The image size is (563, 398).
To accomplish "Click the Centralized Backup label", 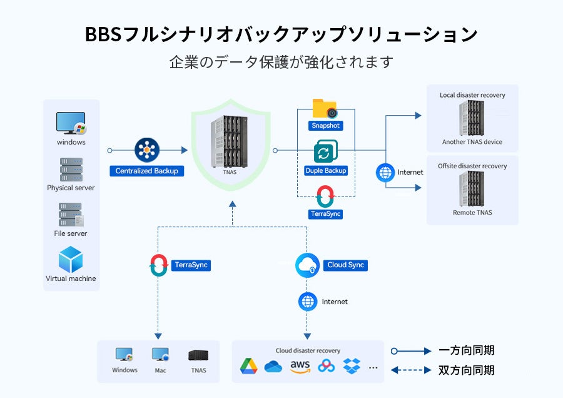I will click(x=147, y=171).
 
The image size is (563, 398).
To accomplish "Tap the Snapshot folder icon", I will click(x=325, y=109).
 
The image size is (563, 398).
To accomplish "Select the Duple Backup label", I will click(x=325, y=170).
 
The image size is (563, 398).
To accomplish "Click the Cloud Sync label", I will click(x=345, y=265).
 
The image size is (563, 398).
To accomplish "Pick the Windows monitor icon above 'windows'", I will click(x=71, y=123).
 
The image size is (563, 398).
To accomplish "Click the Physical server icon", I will click(x=71, y=170).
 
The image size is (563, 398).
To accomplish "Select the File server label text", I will click(x=71, y=233).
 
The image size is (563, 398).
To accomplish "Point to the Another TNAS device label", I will click(x=472, y=142).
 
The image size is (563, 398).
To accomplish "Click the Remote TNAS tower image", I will click(x=472, y=189).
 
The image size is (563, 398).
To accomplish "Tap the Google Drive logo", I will click(x=249, y=367).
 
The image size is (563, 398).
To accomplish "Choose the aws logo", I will click(x=300, y=366).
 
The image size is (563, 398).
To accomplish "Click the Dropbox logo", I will click(x=352, y=367).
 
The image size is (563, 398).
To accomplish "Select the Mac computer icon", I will click(x=160, y=355).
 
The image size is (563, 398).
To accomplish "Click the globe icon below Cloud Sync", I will click(x=308, y=302).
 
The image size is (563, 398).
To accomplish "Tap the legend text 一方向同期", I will click(x=467, y=350).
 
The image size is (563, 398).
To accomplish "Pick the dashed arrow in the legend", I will click(x=411, y=370).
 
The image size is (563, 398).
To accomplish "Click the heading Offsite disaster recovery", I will click(x=472, y=166).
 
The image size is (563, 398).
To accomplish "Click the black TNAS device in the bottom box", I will click(x=198, y=355).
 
